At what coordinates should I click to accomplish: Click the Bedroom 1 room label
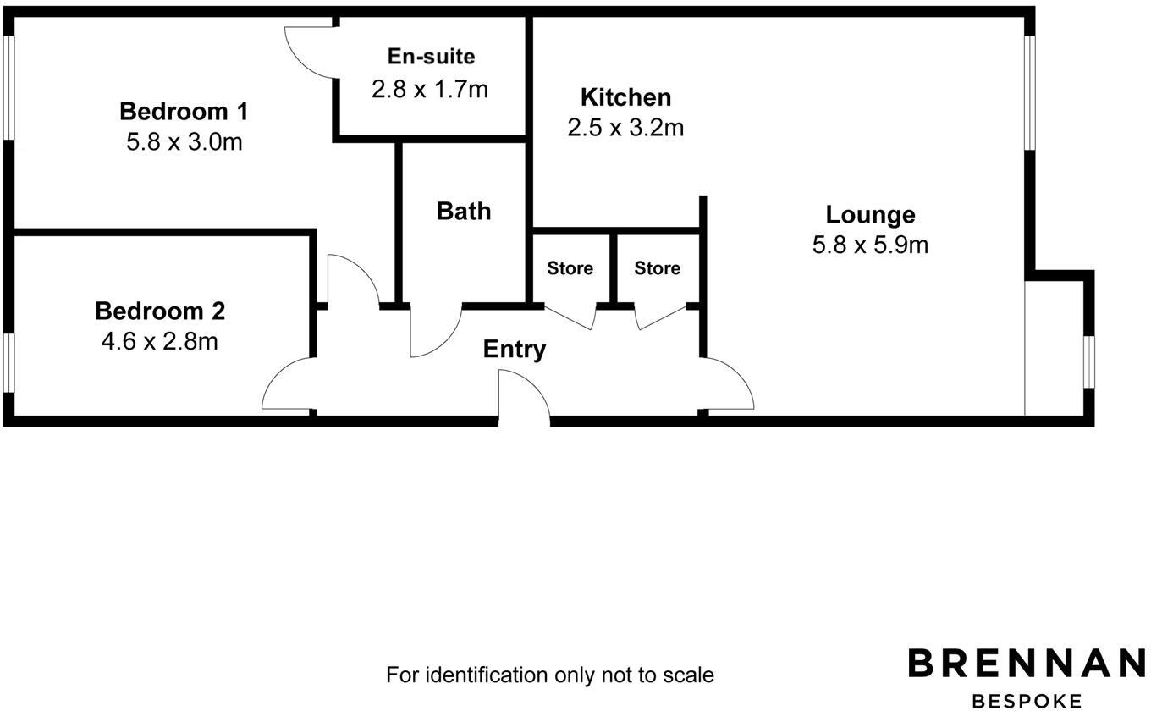click(x=184, y=111)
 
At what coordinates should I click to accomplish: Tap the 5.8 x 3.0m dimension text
click(x=184, y=141)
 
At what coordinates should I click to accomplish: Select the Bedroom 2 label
click(x=160, y=311)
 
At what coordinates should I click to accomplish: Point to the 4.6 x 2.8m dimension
click(x=160, y=341)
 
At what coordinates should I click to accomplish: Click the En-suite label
click(x=431, y=57)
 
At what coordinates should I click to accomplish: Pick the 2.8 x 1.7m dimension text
click(x=430, y=88)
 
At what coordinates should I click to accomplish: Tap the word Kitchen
click(x=625, y=97)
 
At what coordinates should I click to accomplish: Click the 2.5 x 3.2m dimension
click(x=625, y=127)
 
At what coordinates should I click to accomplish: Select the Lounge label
click(x=870, y=214)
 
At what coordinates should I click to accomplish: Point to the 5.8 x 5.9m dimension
click(x=870, y=245)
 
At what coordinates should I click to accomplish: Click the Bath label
click(x=464, y=211)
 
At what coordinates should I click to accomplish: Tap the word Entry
click(x=515, y=349)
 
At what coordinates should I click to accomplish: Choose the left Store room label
click(x=570, y=268)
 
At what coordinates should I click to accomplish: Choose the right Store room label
click(x=657, y=268)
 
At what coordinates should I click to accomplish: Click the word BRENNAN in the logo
click(x=1027, y=663)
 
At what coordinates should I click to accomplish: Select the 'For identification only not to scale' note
click(x=550, y=675)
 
